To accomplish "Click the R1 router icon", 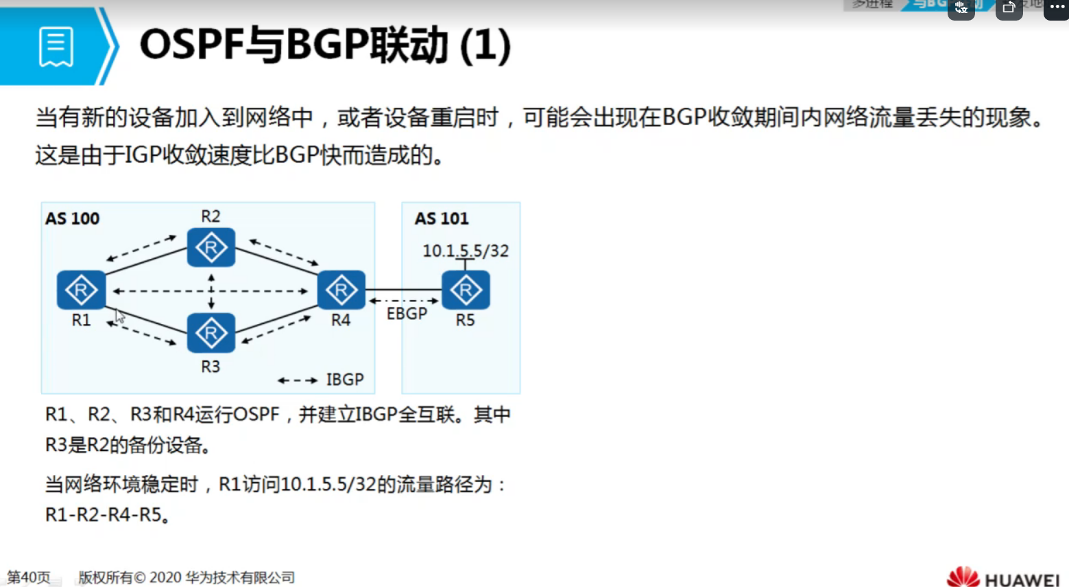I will (x=81, y=290).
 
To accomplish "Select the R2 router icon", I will (x=211, y=247).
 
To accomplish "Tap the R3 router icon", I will (x=211, y=333).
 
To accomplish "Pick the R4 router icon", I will (x=341, y=290).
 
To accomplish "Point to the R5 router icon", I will (x=466, y=290).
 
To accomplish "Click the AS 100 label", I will (x=72, y=219).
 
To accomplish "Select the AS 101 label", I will (x=442, y=219).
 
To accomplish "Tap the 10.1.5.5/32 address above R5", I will (x=466, y=251).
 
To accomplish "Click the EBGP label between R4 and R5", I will (x=407, y=314).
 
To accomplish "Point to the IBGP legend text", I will (x=345, y=380).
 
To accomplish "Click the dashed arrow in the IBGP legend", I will (x=298, y=380).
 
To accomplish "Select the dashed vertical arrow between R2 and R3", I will (x=211, y=291).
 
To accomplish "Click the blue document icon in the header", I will (x=56, y=47).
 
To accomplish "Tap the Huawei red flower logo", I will (x=963, y=577).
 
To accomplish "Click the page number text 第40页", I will (x=29, y=577).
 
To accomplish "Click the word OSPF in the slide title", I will (x=191, y=46).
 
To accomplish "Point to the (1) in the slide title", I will (x=485, y=46).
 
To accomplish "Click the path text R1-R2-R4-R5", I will (x=104, y=514).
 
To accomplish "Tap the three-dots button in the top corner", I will (x=1057, y=8).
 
